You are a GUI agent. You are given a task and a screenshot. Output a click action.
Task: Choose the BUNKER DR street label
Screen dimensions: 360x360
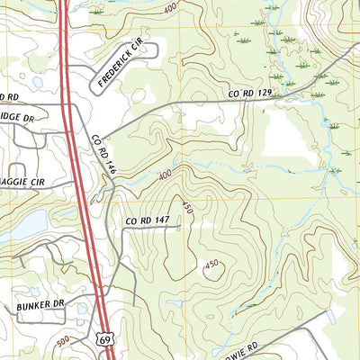click(40, 306)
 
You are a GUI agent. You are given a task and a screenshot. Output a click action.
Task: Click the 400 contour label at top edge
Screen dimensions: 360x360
click(170, 8)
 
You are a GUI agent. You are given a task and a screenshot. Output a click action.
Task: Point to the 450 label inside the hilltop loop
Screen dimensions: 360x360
click(211, 264)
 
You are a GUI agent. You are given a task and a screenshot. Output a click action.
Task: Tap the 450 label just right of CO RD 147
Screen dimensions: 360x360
click(187, 208)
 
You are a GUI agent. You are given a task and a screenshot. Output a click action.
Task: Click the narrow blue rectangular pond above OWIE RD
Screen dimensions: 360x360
click(331, 318)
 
